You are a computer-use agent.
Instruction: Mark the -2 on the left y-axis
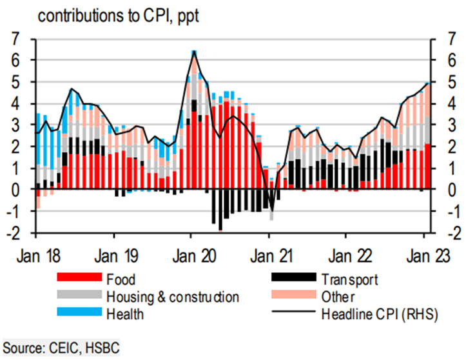coord(21,233)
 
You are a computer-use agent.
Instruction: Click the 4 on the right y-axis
coord(442,103)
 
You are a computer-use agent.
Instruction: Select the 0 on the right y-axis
coord(442,190)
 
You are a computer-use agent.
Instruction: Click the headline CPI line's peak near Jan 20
coord(194,51)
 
